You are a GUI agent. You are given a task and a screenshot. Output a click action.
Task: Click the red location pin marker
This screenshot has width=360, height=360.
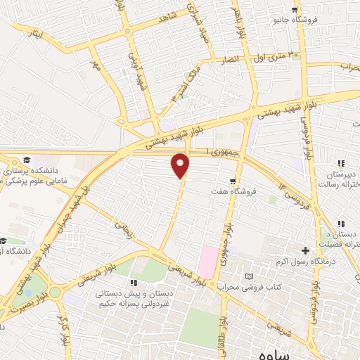pos(181,165)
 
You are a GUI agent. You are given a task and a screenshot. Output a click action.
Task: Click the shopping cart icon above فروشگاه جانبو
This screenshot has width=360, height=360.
pos(310,9)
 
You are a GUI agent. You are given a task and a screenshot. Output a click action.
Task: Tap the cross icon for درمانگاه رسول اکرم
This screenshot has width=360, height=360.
pos(305,250)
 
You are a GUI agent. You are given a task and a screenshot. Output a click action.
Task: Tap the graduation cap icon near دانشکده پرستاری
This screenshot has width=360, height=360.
pos(26,160)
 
